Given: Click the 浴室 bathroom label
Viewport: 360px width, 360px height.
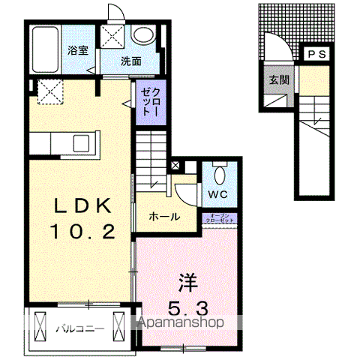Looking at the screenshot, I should click(77, 51).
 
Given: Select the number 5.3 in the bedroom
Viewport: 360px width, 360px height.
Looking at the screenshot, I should click(188, 307).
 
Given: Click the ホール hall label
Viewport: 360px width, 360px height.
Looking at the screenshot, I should click(163, 217).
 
